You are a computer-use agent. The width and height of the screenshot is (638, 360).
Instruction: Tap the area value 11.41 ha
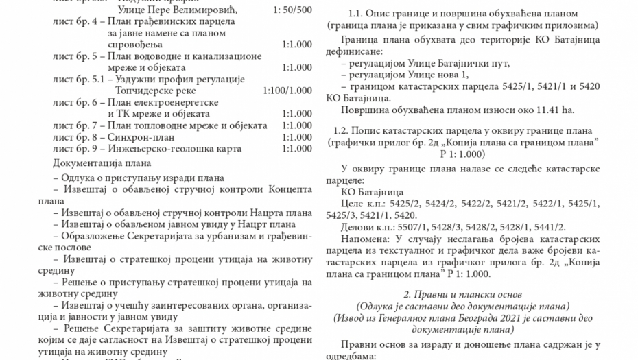click(x=556, y=109)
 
